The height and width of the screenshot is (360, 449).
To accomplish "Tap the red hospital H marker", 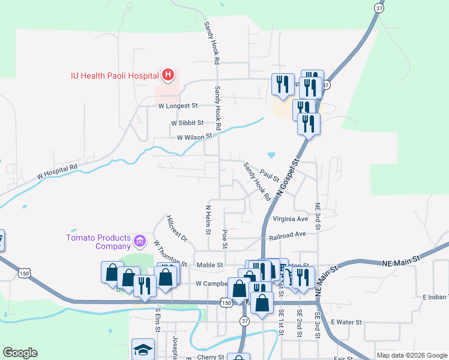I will [169, 75].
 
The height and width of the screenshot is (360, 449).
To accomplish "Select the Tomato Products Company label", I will [98, 242].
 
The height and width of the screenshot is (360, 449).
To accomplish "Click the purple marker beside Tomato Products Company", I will [140, 242].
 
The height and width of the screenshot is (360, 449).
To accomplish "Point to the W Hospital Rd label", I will [58, 172].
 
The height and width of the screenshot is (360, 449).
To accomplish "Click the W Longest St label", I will [178, 106].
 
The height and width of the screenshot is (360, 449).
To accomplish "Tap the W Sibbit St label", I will [185, 122].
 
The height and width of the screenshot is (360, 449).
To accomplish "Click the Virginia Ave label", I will [289, 219].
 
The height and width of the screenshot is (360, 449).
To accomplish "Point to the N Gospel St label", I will [288, 178].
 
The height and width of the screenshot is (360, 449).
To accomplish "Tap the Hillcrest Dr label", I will [178, 229].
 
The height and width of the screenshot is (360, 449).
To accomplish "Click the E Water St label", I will [346, 322].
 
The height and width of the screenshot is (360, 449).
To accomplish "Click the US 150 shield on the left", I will [23, 273].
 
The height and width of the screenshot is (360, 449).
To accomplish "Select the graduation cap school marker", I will [143, 349].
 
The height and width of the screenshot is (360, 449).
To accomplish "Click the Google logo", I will [20, 353].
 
